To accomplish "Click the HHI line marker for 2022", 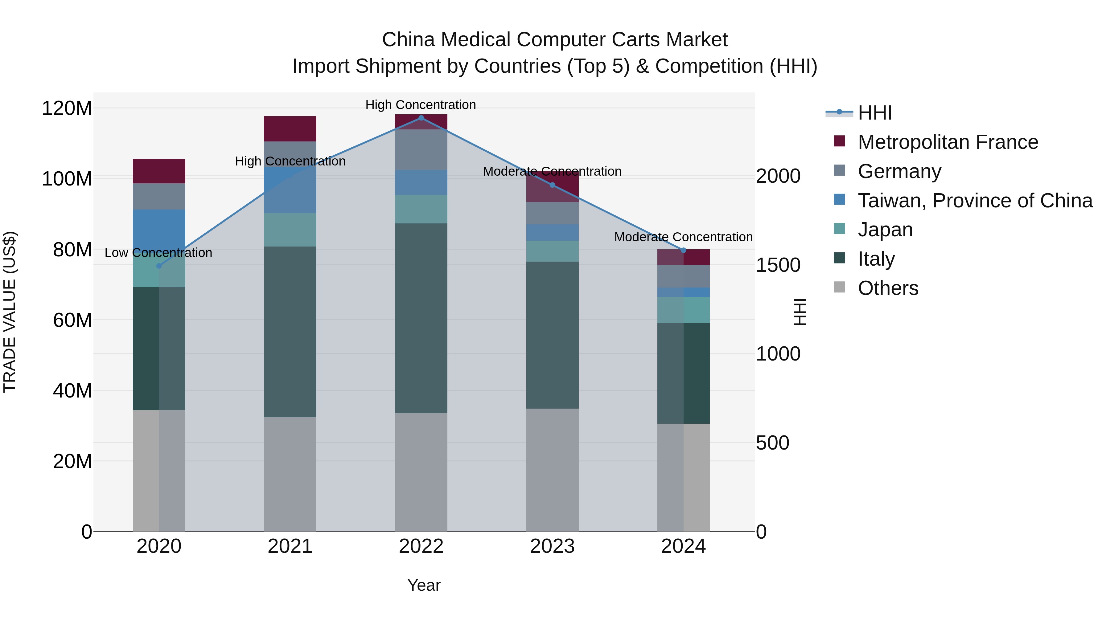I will point(421,118).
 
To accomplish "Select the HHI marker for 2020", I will point(159,266).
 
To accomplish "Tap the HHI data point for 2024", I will point(683,250).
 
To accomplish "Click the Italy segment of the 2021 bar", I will point(290,332).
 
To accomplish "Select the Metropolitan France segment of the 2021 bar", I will point(290,128).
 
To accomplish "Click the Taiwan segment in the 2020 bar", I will point(159,230).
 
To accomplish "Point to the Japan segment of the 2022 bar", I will point(421,209).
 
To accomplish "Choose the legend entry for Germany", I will point(899,171).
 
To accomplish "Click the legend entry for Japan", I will point(885,230).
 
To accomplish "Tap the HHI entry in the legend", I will point(874,113).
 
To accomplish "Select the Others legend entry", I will point(888,288).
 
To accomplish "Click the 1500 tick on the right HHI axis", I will point(778,265).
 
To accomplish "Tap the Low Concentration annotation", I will point(158,253).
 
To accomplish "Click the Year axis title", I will point(424,585).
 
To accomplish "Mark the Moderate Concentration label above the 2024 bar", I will point(683,237).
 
